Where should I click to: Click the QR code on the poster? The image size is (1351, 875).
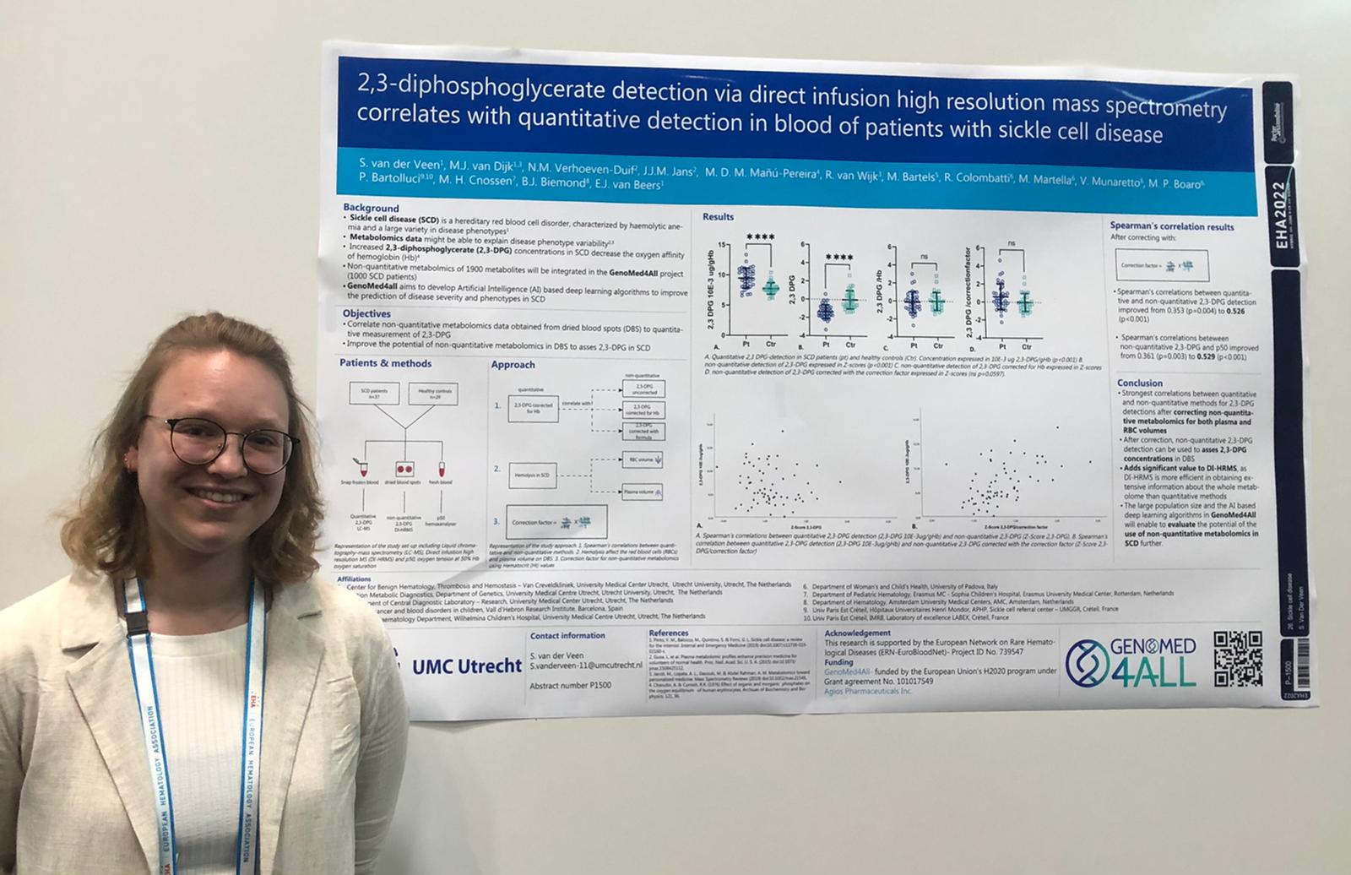coord(1238,659)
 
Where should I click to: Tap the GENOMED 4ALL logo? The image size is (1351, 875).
coord(1131,661)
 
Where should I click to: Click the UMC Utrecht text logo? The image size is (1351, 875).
coord(466,666)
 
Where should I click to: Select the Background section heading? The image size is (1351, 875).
coord(371,208)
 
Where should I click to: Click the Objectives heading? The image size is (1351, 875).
coord(366,313)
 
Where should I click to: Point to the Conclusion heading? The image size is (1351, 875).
coord(1139,383)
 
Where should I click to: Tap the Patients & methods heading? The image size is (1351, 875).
coord(385,363)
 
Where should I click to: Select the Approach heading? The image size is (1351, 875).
coord(513,365)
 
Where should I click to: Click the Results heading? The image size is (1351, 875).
coord(718,217)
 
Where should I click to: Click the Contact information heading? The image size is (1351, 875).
coord(567,635)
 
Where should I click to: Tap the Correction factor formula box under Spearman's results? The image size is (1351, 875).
coord(1161,265)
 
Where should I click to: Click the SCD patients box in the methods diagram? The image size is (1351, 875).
coord(373,392)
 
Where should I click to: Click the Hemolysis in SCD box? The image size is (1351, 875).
coord(533,475)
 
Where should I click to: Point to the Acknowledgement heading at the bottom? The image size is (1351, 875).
coord(857,633)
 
